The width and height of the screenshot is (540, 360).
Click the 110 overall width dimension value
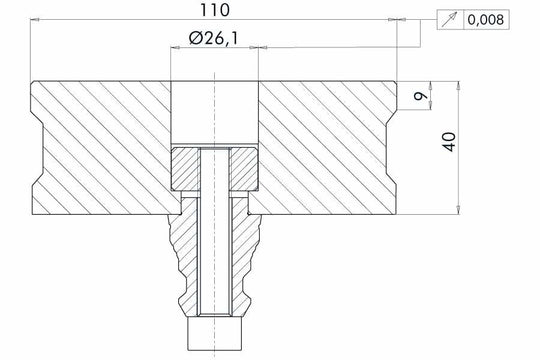tap(214, 11)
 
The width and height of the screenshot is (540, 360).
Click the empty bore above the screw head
tap(215, 112)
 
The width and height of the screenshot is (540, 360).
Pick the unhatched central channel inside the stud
tap(215, 240)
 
